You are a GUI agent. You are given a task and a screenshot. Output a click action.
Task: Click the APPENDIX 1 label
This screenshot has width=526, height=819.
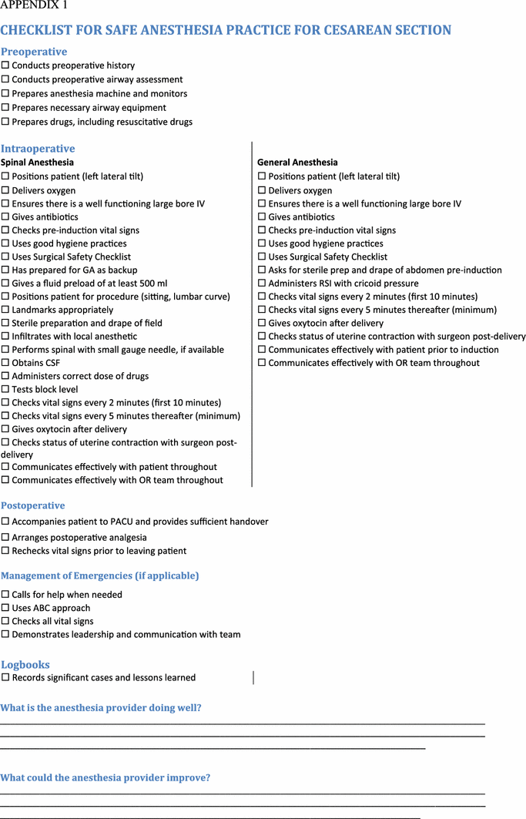tap(34, 5)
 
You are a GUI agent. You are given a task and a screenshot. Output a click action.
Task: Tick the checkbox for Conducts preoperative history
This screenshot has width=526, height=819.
tap(5, 66)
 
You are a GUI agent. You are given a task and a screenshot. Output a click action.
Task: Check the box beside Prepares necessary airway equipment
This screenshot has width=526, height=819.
tap(5, 109)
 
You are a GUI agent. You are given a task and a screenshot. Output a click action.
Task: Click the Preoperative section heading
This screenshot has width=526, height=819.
tap(34, 52)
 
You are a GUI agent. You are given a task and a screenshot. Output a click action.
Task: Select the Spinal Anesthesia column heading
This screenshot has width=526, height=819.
tap(37, 163)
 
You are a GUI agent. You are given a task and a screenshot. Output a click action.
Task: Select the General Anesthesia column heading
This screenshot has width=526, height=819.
tap(297, 163)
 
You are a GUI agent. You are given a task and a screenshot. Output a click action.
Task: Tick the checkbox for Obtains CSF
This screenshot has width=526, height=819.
tap(5, 363)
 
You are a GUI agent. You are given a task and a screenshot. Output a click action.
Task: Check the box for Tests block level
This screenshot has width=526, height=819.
tap(5, 390)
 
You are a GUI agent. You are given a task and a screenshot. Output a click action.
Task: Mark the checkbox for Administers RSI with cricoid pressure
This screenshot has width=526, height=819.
tap(262, 284)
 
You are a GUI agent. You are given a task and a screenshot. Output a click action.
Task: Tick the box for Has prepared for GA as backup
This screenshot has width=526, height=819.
tap(5, 270)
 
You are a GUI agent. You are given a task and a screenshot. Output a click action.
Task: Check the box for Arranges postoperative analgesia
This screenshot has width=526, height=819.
tap(5, 538)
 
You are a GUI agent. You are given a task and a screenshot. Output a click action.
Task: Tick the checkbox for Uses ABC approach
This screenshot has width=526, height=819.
tap(5, 609)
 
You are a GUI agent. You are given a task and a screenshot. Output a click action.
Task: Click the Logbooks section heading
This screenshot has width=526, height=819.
tap(25, 664)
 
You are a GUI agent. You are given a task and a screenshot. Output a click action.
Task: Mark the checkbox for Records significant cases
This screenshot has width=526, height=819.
tap(5, 678)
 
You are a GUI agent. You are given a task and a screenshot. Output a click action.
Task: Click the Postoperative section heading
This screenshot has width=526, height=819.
tap(32, 505)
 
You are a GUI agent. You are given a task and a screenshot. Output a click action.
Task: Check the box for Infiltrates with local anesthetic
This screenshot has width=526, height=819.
tap(5, 337)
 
